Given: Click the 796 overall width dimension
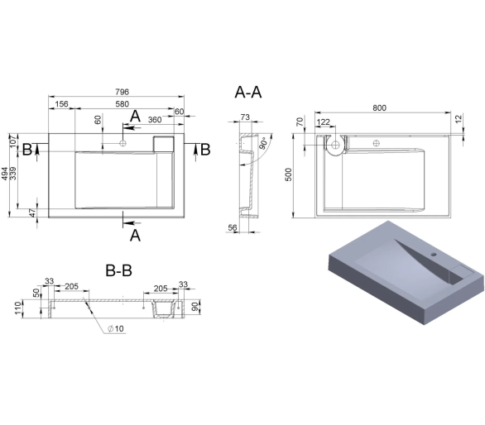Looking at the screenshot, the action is [122, 92].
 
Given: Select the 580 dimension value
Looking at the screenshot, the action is [122, 104].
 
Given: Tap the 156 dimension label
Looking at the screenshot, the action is [61, 104].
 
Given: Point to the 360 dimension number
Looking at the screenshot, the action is [155, 120].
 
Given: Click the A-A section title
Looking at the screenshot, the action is [248, 92].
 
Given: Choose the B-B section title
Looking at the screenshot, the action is [119, 270].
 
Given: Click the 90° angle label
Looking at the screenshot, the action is [263, 143].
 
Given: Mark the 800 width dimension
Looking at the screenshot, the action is [379, 107].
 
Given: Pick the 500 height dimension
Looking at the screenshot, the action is [288, 174].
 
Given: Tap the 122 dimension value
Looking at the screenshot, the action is [324, 122].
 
